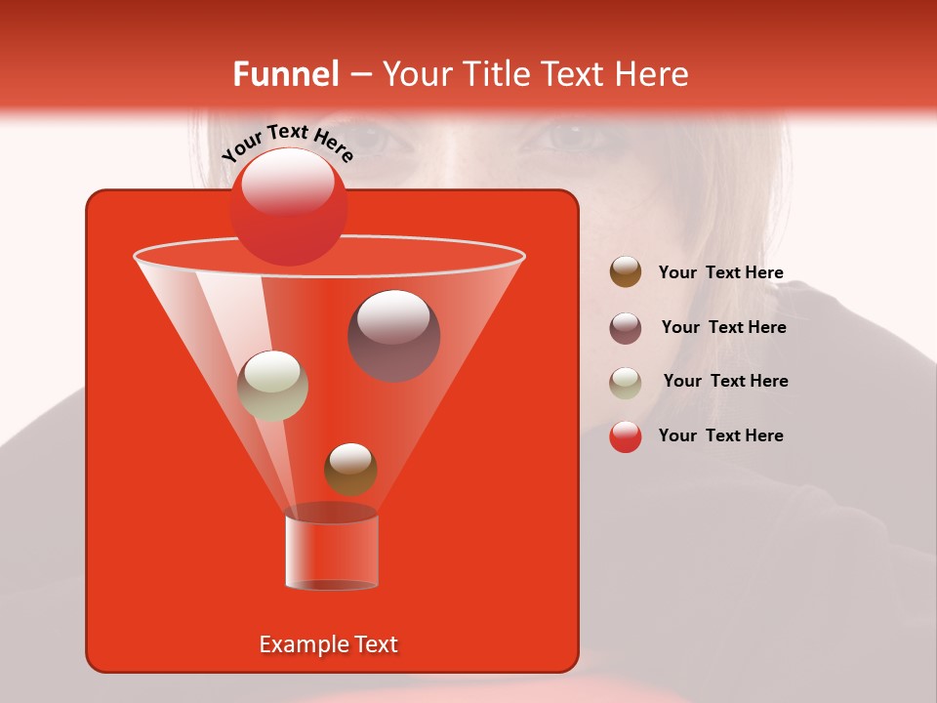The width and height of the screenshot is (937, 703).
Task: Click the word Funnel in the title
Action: [285, 74]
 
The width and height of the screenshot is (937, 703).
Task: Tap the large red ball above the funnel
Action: [288, 206]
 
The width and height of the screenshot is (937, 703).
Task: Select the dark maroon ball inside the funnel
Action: [393, 335]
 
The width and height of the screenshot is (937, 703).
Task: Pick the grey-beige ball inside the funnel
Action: [272, 385]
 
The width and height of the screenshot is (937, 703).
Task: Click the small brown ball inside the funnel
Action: [350, 468]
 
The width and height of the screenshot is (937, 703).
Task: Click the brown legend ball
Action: [626, 272]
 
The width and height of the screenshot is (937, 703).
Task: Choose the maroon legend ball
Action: [626, 327]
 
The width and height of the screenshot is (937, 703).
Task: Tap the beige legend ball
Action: [626, 382]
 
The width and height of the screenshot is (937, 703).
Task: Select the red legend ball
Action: [626, 436]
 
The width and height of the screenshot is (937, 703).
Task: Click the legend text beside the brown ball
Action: [720, 272]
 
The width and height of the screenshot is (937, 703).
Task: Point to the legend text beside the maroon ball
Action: [723, 327]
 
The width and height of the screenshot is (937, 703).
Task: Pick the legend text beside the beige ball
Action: [725, 381]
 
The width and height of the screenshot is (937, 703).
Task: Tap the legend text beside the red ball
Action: [720, 435]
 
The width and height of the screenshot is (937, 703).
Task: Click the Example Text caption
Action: [328, 644]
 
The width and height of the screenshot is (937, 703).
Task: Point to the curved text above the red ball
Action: [287, 143]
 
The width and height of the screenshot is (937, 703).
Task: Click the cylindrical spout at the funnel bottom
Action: [331, 552]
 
